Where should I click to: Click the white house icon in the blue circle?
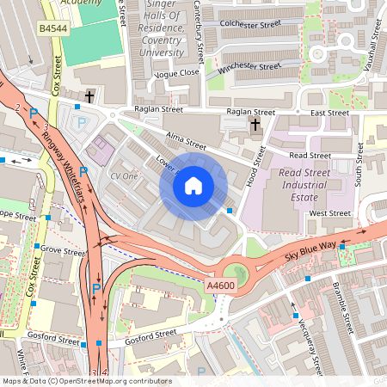pos(193,185)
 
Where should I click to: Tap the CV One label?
pos(124,175)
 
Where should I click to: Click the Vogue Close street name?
pos(175,74)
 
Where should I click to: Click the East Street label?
pos(329,113)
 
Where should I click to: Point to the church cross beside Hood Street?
pos(255,126)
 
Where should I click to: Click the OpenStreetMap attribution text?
pos(86,381)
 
